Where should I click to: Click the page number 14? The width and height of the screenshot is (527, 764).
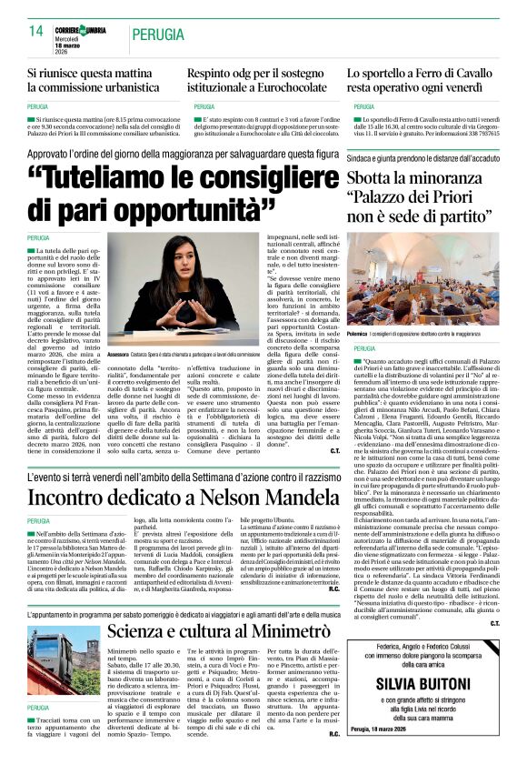point(35,32)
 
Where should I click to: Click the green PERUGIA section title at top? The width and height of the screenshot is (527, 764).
point(157,35)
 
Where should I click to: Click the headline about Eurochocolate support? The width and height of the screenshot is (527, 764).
point(257,79)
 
